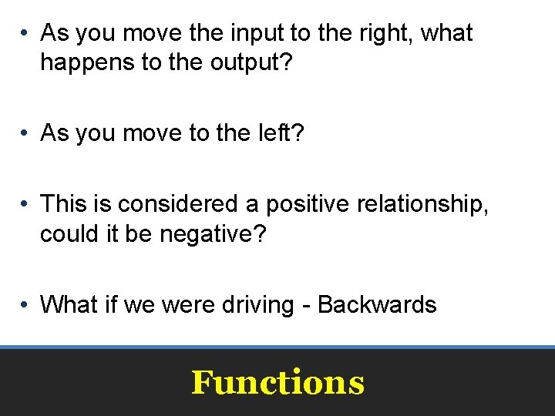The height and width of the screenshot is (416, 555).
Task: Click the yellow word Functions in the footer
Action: tap(277, 382)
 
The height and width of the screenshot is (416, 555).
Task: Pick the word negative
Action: tap(207, 233)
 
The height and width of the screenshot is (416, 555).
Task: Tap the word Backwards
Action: tap(377, 304)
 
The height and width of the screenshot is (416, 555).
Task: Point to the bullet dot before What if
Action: tap(25, 305)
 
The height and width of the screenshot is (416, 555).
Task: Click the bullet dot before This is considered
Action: tap(25, 205)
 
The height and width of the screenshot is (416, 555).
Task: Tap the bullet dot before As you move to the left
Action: tap(25, 134)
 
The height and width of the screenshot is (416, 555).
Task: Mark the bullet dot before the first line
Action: tap(25, 34)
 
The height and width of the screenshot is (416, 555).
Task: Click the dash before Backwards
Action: tap(306, 305)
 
